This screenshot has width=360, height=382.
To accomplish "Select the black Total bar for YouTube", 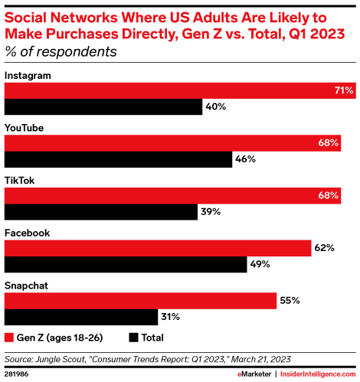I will [119, 159].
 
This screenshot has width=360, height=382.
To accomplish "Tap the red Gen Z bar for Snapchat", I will [141, 301].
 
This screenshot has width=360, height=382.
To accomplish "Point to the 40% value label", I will [215, 107].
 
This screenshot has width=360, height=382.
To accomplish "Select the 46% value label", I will [244, 159].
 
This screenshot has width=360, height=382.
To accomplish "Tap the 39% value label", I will [210, 212].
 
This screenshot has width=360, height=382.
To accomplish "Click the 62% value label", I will [323, 248].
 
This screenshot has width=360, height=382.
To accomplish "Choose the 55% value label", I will [289, 301].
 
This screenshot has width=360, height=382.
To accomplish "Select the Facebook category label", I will [28, 233].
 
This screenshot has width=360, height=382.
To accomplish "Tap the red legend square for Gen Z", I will [10, 337].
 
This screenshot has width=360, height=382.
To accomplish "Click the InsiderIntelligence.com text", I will [316, 373].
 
